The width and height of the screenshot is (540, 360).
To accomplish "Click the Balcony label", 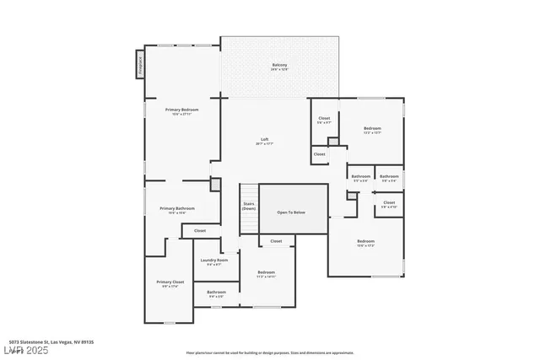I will click(279, 67).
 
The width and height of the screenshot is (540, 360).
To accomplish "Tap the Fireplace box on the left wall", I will click(139, 65).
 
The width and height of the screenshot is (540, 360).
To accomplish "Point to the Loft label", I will click(264, 141).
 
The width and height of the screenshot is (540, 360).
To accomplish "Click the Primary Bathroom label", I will click(177, 209).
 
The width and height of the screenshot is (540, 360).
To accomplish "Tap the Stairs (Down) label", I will click(249, 206).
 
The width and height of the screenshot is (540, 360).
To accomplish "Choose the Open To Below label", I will click(292, 212).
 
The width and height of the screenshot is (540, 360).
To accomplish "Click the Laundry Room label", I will click(214, 261).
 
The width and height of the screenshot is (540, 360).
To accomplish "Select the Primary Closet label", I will click(170, 283).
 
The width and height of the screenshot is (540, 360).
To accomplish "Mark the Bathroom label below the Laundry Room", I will click(216, 293).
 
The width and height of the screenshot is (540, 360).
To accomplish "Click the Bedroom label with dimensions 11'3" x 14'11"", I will click(266, 273).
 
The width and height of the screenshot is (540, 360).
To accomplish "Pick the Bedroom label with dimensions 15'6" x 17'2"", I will click(365, 243).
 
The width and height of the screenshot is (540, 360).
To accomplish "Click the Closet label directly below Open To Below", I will click(276, 241).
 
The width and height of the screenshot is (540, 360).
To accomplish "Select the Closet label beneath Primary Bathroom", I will click(200, 230).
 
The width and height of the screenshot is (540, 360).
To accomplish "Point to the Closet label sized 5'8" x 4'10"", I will click(389, 203).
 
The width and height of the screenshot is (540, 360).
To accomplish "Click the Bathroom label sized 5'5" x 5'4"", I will click(360, 177).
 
